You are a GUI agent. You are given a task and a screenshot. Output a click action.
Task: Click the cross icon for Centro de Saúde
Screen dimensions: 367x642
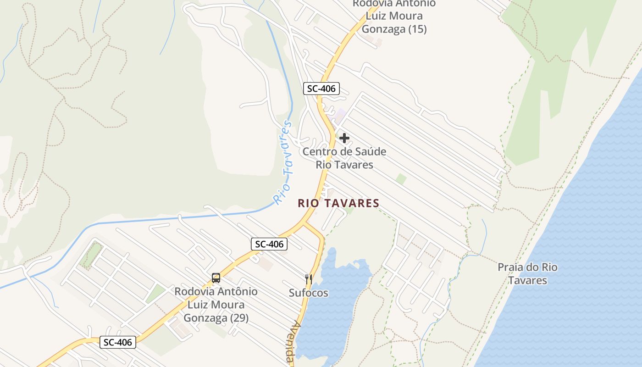click(x=344, y=138)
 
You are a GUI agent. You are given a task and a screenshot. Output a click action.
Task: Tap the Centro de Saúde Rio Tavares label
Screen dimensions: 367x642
click(x=344, y=158)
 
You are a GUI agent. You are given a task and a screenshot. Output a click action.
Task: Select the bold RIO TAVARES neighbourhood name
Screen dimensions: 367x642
click(x=338, y=203)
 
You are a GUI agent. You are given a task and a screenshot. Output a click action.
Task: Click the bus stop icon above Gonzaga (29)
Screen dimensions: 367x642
click(x=216, y=278)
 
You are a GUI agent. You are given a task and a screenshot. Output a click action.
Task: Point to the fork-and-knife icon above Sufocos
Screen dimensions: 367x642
click(x=309, y=278)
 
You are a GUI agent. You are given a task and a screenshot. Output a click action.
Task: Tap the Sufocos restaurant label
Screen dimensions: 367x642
click(x=309, y=293)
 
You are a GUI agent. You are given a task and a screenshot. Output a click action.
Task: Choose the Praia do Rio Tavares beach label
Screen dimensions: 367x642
click(x=527, y=273)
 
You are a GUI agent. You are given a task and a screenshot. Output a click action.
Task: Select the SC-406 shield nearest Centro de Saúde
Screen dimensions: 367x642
click(x=321, y=89)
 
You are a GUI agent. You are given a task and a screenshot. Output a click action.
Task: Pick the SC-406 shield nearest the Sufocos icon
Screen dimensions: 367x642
click(x=269, y=244)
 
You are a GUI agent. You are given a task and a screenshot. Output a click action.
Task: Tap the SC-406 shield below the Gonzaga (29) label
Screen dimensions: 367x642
click(x=118, y=342)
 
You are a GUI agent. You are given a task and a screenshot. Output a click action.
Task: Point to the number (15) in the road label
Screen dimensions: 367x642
click(x=413, y=29)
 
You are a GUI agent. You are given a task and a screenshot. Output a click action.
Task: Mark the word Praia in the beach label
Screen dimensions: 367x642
click(x=510, y=267)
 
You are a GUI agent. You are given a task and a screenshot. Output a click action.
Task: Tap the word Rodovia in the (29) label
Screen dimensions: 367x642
click(x=193, y=291)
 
